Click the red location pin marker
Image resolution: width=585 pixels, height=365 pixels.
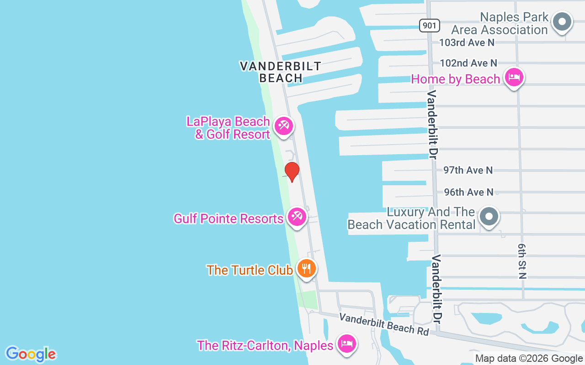click(292, 171)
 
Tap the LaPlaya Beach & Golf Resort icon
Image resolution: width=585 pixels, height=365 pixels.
click(283, 125)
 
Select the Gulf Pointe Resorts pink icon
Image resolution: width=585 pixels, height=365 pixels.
click(297, 216)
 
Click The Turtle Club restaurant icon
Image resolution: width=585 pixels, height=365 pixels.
click(306, 268)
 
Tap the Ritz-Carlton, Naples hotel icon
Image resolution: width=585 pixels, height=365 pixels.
click(346, 343)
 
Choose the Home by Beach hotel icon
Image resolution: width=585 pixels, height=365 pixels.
click(514, 77)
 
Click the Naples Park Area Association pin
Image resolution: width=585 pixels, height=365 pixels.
click(563, 21)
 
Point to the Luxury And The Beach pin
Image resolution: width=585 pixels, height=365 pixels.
click(489, 216)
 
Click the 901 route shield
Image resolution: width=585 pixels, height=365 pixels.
click(429, 26)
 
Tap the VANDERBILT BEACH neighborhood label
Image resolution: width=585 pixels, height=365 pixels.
click(281, 72)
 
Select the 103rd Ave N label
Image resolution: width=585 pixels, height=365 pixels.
click(467, 42)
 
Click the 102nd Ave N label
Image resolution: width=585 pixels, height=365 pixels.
click(468, 63)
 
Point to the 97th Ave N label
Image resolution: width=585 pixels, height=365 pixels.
click(468, 170)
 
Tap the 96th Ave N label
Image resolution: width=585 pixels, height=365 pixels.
click(468, 192)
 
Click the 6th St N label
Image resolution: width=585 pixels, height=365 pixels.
click(522, 261)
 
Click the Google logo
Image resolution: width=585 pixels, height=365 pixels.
click(31, 354)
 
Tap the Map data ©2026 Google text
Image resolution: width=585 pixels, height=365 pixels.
click(529, 359)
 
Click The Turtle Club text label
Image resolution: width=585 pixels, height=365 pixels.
click(250, 270)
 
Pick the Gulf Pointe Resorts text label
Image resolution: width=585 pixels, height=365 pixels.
click(229, 219)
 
